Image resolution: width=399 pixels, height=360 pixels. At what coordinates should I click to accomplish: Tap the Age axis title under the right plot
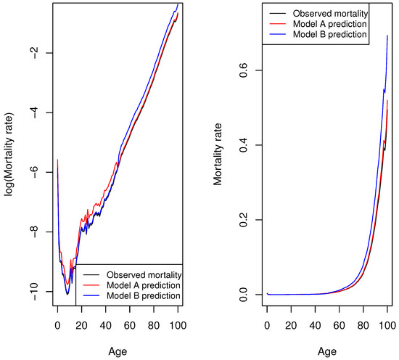click(327, 350)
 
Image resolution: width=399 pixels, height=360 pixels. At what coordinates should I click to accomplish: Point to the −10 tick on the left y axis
click(30, 292)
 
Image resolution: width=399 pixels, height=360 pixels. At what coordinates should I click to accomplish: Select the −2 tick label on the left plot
click(30, 53)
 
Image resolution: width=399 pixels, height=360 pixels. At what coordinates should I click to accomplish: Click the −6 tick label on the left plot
click(30, 173)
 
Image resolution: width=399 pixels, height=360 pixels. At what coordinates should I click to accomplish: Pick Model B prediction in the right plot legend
click(331, 36)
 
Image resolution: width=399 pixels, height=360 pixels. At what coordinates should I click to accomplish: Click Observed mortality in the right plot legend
click(331, 12)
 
